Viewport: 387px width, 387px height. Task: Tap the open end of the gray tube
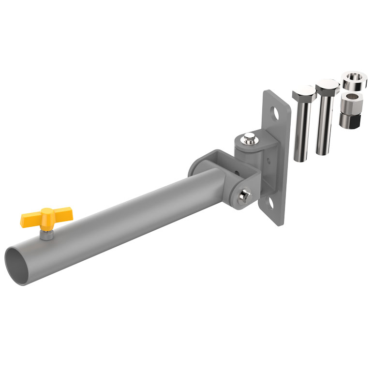(x=18, y=263)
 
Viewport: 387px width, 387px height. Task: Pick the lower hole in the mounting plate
(x=271, y=205)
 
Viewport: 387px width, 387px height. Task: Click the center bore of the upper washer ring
(x=355, y=76)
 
